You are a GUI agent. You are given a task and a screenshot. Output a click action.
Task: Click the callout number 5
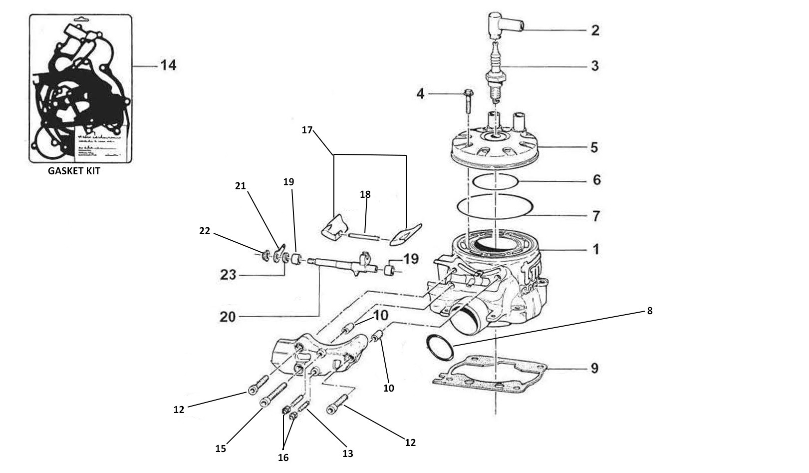[x=594, y=147]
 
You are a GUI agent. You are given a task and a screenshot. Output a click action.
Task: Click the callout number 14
[x=168, y=65]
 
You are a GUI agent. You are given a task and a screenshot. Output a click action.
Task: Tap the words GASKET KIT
[x=74, y=171]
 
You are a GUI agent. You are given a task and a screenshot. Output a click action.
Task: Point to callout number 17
[x=307, y=130]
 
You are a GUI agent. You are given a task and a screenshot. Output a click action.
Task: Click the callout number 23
[x=228, y=275]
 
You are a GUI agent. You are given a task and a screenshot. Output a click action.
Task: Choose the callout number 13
[x=347, y=454]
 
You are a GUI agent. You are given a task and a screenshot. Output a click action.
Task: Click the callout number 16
[x=283, y=458]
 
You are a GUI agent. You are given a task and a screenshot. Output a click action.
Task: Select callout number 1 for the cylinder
[x=595, y=249]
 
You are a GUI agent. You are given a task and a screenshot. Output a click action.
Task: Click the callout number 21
[x=241, y=186]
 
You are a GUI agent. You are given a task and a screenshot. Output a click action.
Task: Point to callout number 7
[x=596, y=216]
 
